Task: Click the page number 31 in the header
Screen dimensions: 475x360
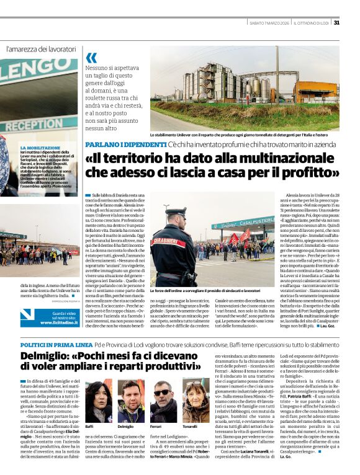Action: tap(336, 23)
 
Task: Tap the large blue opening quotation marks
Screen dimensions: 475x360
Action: tap(91, 58)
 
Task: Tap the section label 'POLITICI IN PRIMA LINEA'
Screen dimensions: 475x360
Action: tap(56, 344)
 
